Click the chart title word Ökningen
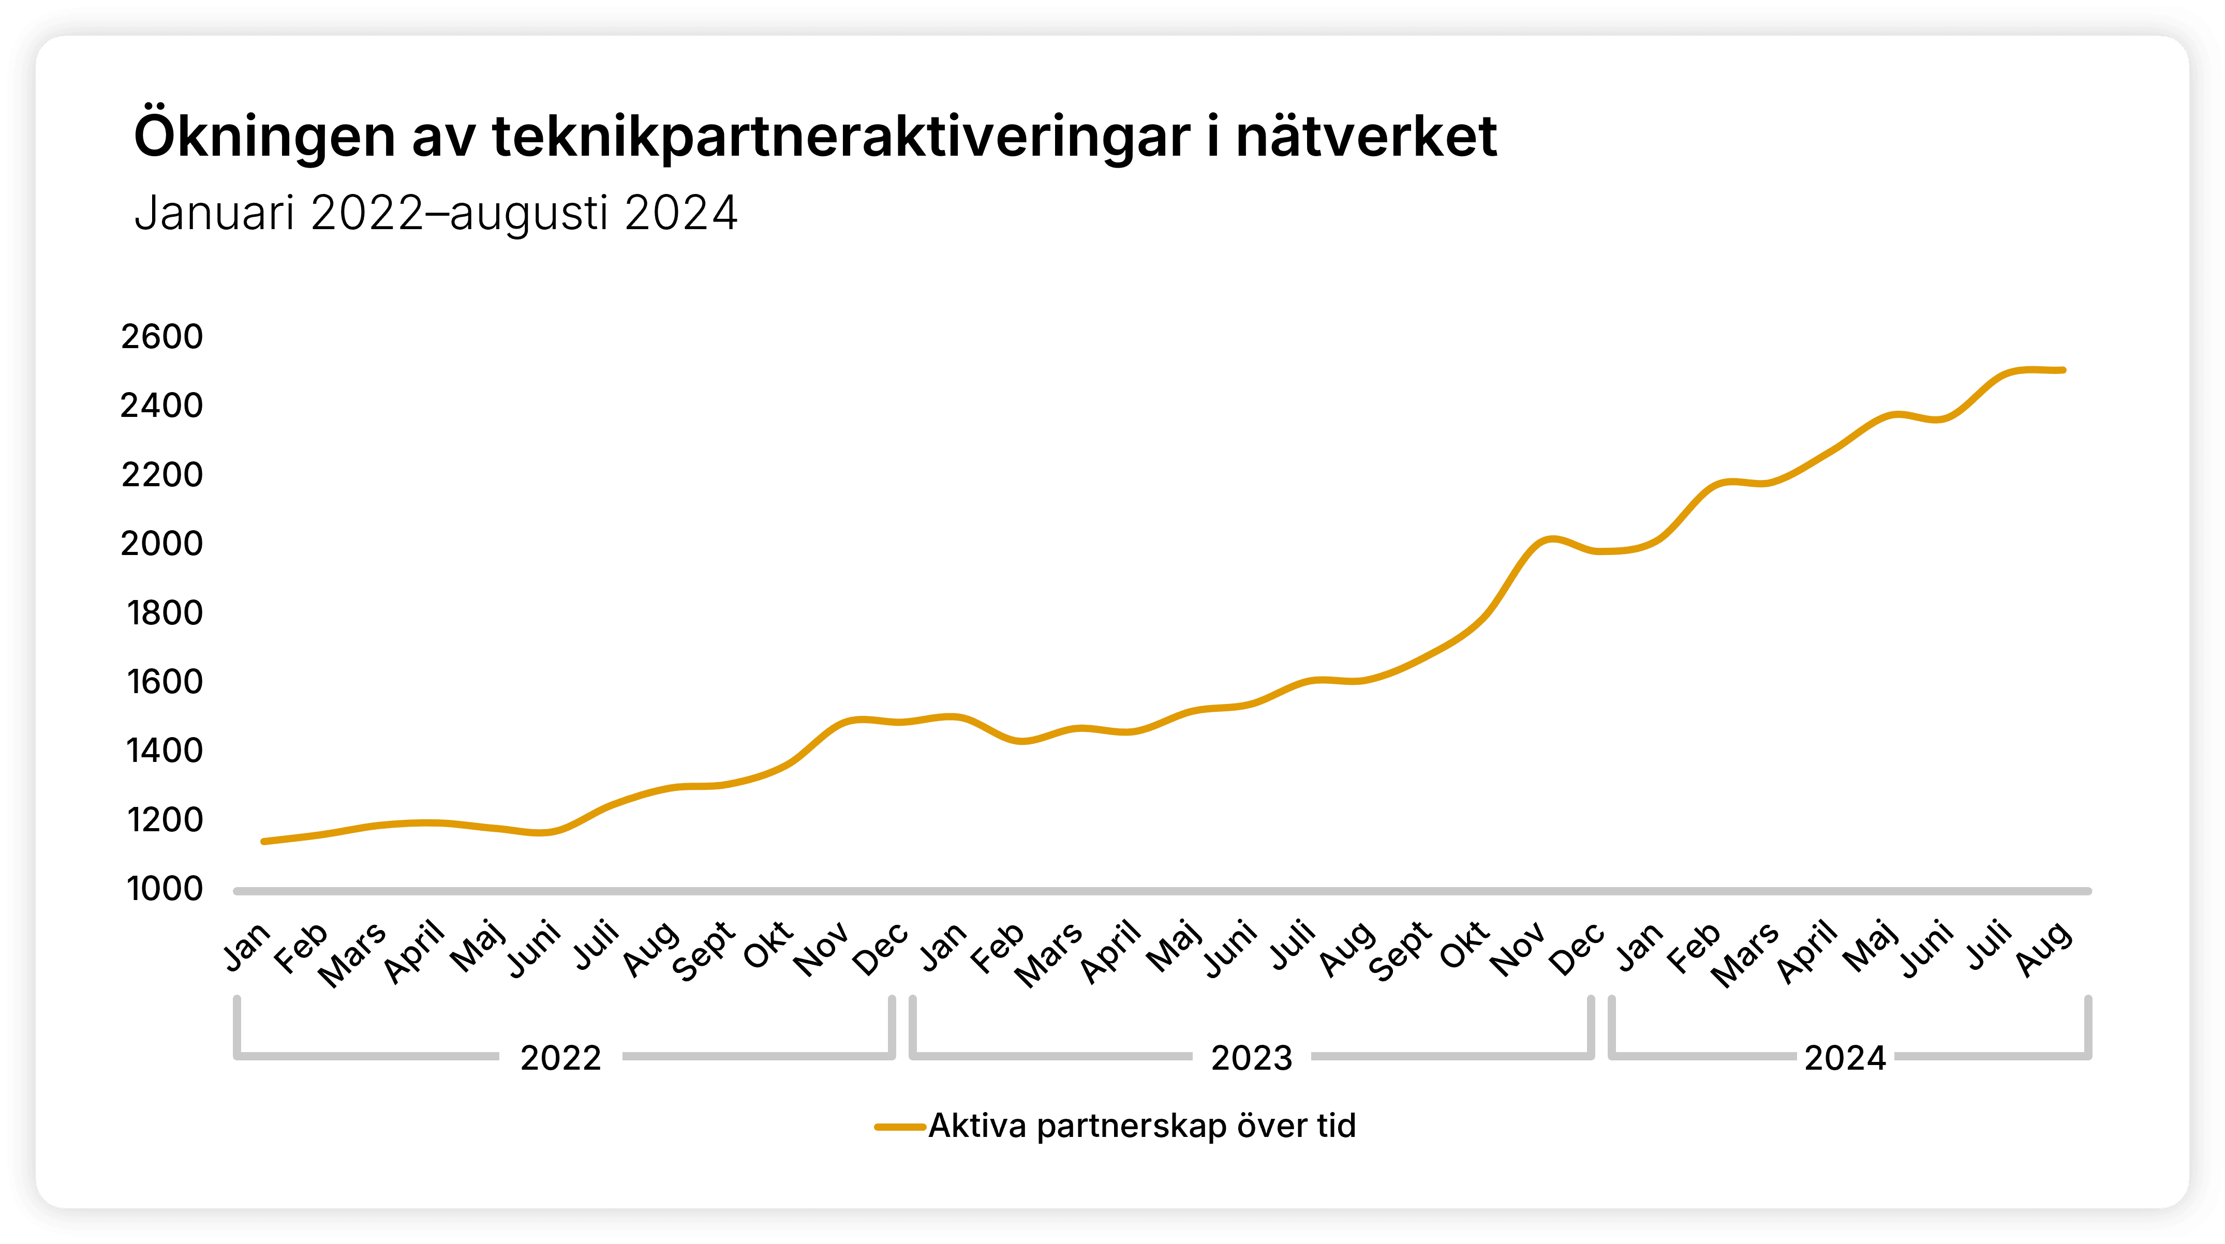pos(263,137)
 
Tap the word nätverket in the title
pos(1367,137)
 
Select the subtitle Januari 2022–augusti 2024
pos(436,213)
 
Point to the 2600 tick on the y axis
pos(161,337)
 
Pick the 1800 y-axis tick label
pos(164,613)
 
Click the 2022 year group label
pos(560,1058)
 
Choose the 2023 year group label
pos(1252,1058)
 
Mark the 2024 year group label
pos(1845,1058)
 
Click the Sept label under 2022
pos(704,951)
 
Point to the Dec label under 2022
pos(881,948)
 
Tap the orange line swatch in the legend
pos(900,1127)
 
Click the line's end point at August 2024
pos(2063,370)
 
